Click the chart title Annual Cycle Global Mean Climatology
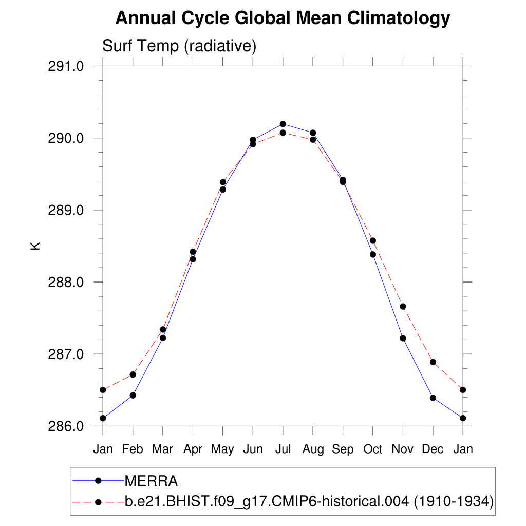tap(283, 18)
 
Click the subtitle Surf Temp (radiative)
tap(179, 46)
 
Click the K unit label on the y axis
tap(35, 246)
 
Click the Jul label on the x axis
tap(283, 449)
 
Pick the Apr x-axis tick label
tap(193, 449)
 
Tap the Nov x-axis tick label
tap(403, 449)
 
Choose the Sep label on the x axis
tap(343, 449)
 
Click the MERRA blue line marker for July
tap(283, 124)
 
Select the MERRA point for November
tap(403, 338)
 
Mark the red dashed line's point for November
tap(403, 307)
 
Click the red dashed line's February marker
tap(133, 374)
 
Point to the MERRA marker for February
tap(133, 395)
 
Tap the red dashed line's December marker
tap(433, 362)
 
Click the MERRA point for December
tap(433, 398)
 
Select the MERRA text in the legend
tap(152, 481)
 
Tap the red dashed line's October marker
tap(373, 241)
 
